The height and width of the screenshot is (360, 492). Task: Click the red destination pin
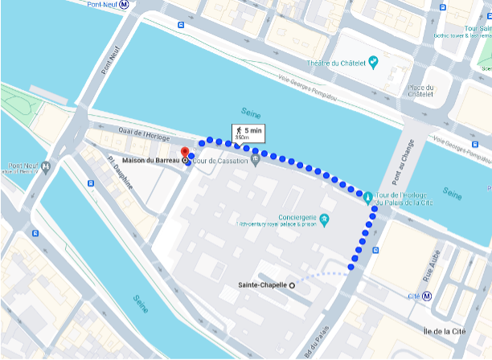tap(184, 152)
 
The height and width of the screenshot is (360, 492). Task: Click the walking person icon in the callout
tap(238, 129)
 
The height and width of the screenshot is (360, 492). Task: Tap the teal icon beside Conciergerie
tap(325, 218)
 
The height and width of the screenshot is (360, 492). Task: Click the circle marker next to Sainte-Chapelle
tap(292, 285)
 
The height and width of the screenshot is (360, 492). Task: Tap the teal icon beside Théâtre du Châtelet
tap(372, 62)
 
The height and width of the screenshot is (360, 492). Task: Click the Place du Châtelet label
tap(420, 91)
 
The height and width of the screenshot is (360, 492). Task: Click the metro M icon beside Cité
tap(427, 296)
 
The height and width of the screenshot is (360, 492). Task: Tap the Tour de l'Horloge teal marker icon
tap(369, 195)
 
